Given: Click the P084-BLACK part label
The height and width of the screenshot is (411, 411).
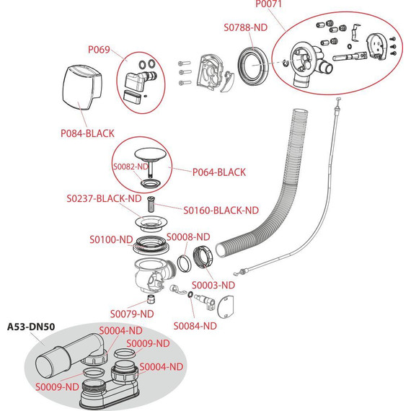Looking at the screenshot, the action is pyautogui.click(x=87, y=133).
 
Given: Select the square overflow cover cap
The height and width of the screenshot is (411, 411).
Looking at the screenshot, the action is pyautogui.click(x=82, y=87).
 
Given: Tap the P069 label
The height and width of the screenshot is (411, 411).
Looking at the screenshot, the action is pyautogui.click(x=99, y=50).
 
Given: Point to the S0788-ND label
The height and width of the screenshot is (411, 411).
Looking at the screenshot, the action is pyautogui.click(x=246, y=27).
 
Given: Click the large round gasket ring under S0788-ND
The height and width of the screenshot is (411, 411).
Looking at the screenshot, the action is pyautogui.click(x=253, y=66).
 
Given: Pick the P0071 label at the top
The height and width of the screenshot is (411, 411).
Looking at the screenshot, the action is pyautogui.click(x=268, y=4).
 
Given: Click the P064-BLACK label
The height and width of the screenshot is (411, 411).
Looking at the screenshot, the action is pyautogui.click(x=219, y=172).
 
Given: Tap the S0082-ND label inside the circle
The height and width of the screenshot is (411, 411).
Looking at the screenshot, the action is pyautogui.click(x=131, y=167).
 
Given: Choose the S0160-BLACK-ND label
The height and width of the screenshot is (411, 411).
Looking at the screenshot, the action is pyautogui.click(x=221, y=211).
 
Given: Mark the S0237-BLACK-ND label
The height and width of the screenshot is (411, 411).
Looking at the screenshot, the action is pyautogui.click(x=104, y=198).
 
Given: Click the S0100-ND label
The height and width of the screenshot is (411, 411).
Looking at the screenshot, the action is pyautogui.click(x=111, y=239).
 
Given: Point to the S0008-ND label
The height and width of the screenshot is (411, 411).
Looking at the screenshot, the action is pyautogui.click(x=188, y=237).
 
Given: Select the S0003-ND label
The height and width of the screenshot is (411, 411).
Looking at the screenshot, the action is pyautogui.click(x=213, y=286).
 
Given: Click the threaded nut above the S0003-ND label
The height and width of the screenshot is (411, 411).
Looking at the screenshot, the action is pyautogui.click(x=203, y=257).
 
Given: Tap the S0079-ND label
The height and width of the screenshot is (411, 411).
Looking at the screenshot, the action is pyautogui.click(x=132, y=314).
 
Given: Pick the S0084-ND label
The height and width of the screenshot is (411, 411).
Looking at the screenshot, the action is pyautogui.click(x=195, y=326).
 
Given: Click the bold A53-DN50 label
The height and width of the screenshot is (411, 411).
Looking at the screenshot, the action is pyautogui.click(x=31, y=327).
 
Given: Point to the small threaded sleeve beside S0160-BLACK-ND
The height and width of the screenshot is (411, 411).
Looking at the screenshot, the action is pyautogui.click(x=151, y=204).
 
